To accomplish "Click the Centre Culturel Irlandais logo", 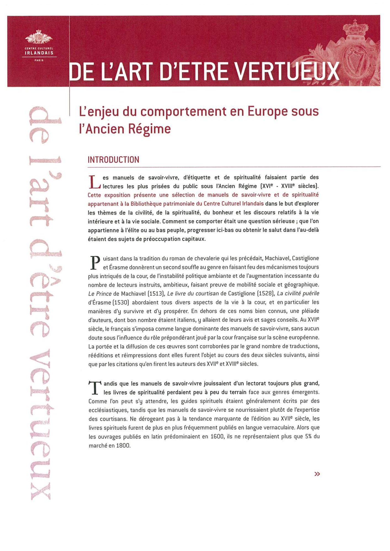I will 39,45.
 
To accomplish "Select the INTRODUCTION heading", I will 113,160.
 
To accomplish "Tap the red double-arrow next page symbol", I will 317,474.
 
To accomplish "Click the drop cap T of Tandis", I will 94,388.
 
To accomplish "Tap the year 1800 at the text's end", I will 123,445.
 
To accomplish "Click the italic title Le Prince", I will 100,294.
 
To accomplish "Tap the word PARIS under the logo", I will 39,60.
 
